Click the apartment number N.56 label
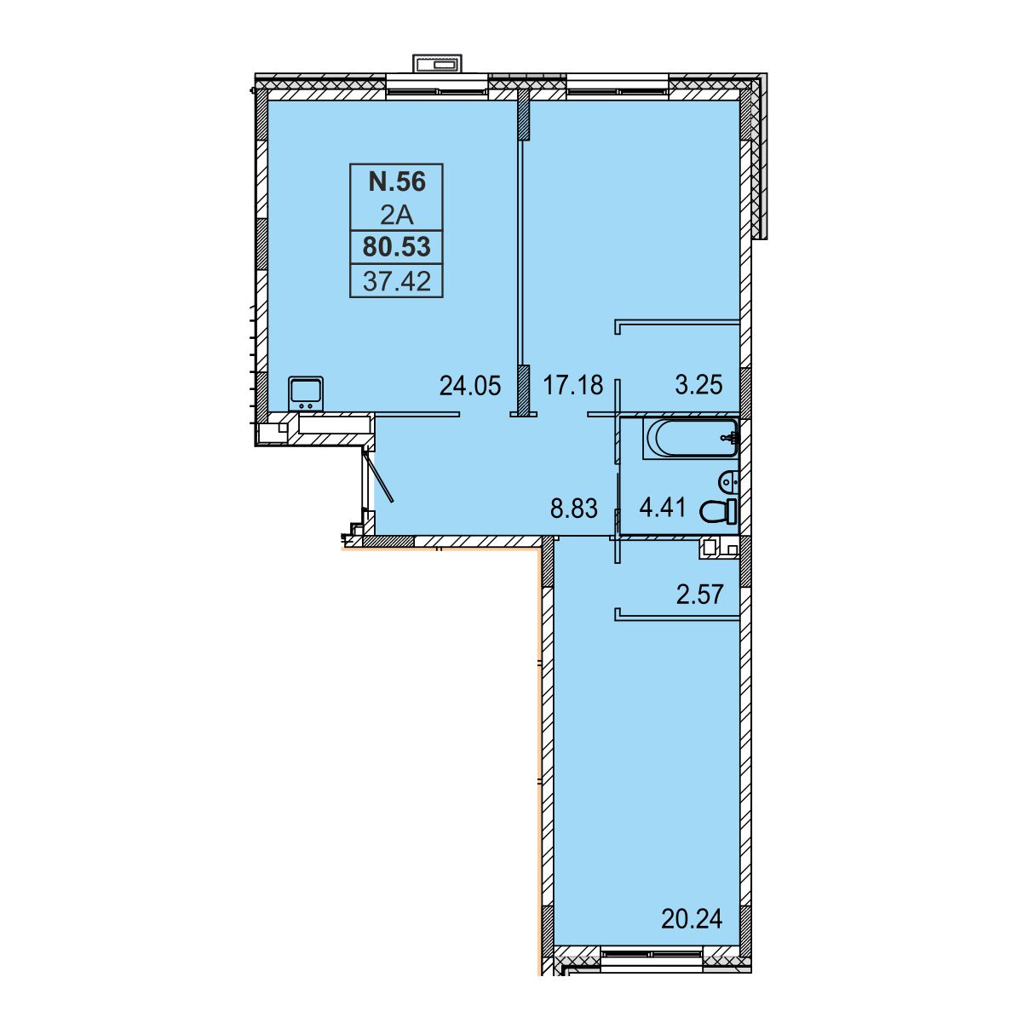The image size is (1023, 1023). click(x=397, y=181)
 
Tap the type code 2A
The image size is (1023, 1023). click(x=397, y=216)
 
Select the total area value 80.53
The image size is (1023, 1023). click(x=397, y=247)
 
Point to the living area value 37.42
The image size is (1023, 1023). click(x=397, y=281)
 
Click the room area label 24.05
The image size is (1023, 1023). click(x=470, y=386)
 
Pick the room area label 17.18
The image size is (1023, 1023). click(x=572, y=385)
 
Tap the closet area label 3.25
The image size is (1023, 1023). click(x=698, y=385)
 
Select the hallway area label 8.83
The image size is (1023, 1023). click(x=574, y=508)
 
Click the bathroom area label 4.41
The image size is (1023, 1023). click(x=663, y=508)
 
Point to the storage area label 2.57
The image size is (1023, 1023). click(x=699, y=595)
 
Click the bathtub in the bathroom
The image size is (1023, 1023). click(x=690, y=439)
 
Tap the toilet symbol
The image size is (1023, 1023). click(x=718, y=512)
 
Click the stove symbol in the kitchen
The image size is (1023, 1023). click(x=306, y=394)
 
